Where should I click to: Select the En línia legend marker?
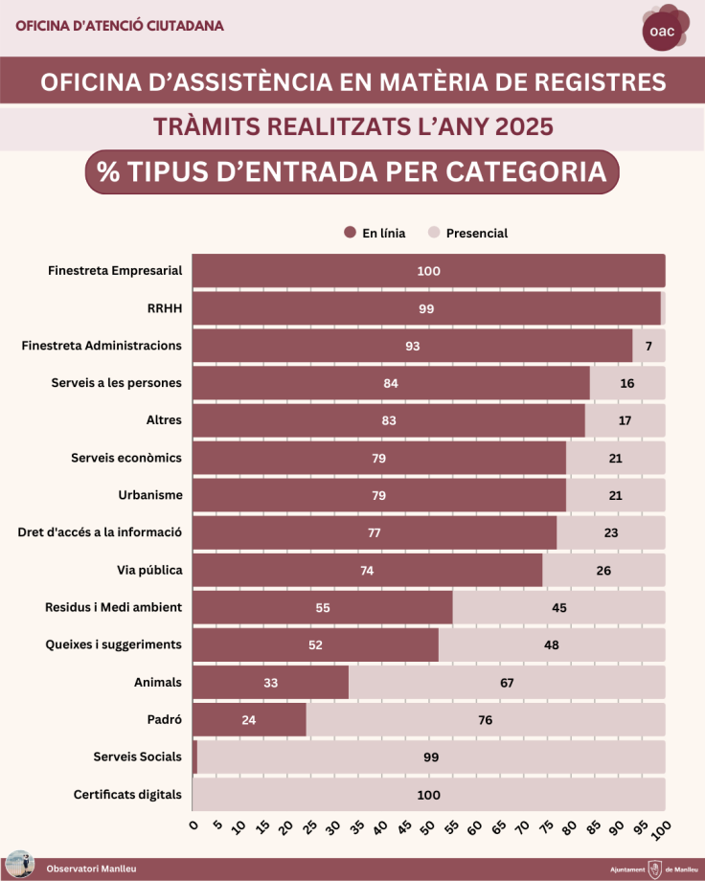[350, 233]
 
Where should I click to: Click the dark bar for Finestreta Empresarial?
[428, 271]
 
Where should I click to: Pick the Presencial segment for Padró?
[485, 719]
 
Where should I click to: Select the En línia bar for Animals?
[270, 683]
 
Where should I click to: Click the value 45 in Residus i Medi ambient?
[559, 607]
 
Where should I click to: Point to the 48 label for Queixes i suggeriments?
[552, 644]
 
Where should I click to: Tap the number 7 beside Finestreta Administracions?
[648, 346]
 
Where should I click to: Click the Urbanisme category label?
[149, 495]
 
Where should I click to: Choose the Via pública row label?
[149, 570]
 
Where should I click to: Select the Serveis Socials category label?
[137, 757]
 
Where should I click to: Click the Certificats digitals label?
[127, 794]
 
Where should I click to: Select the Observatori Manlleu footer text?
[92, 869]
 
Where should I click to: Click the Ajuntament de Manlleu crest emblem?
[655, 869]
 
